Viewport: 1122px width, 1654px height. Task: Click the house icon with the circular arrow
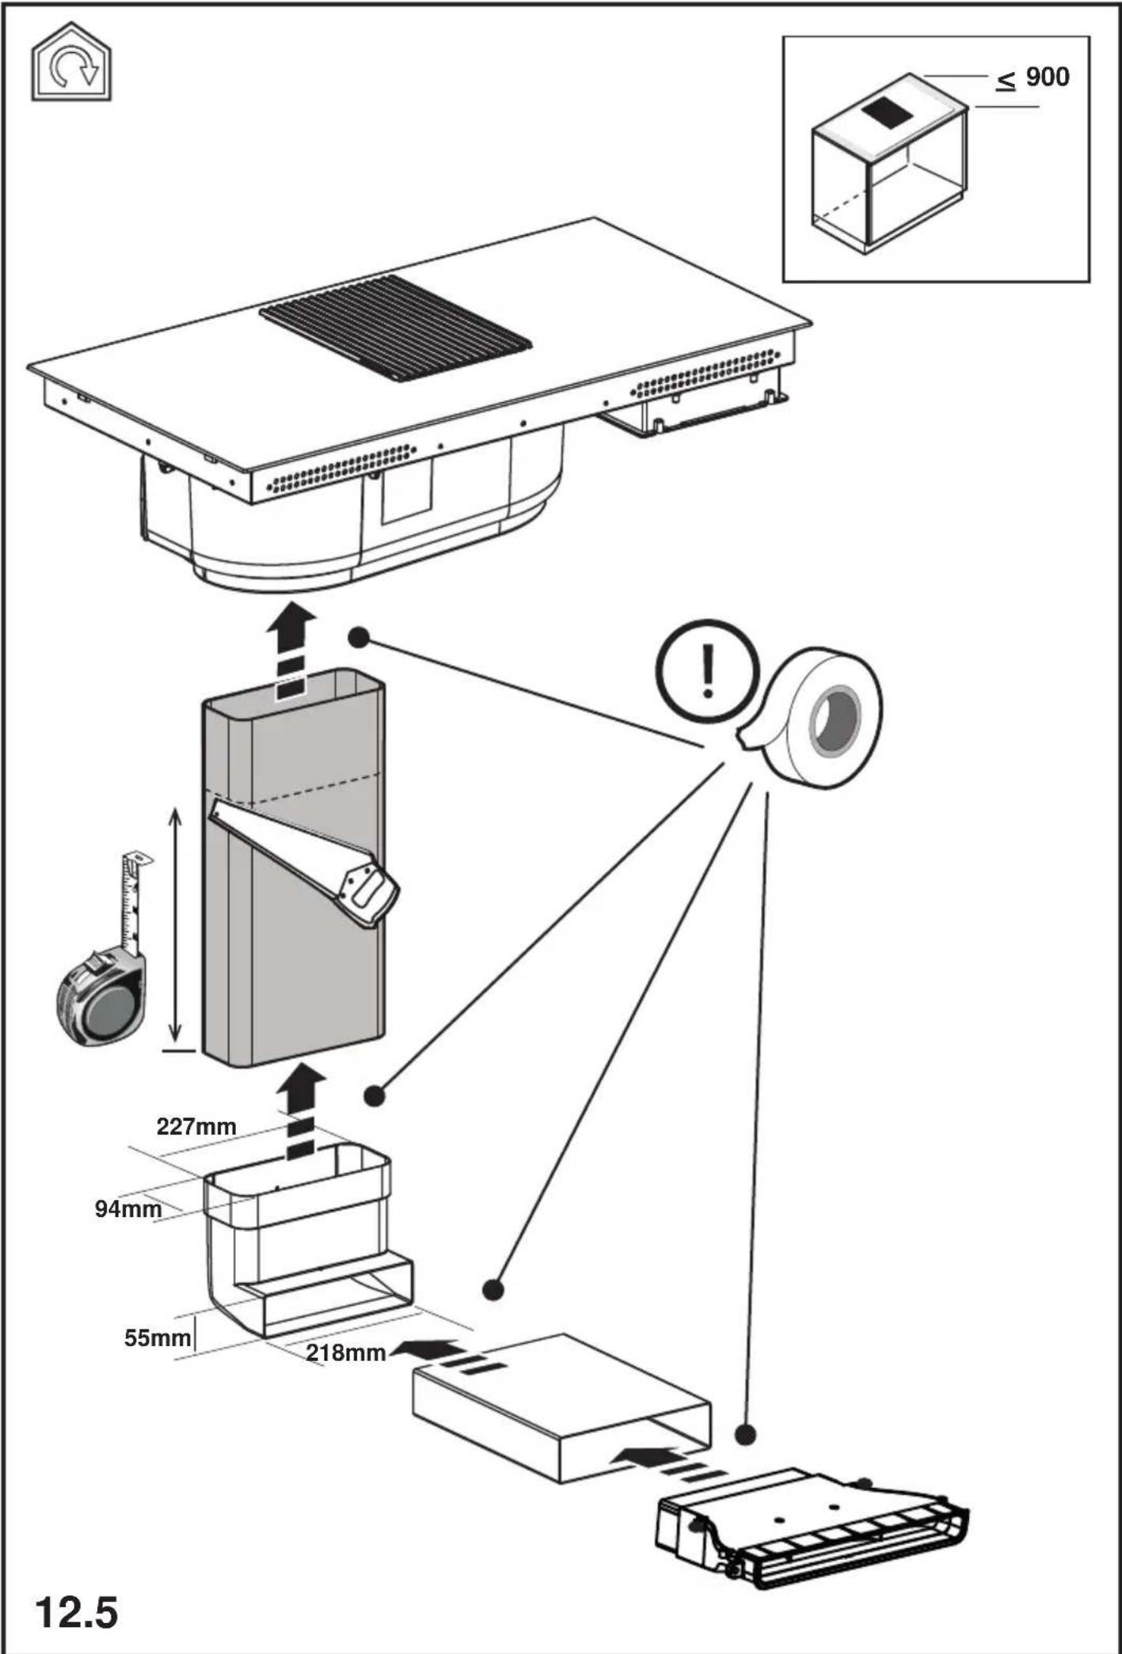[x=71, y=62]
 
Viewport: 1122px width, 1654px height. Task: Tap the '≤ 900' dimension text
[x=1033, y=78]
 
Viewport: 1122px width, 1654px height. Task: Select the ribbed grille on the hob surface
[x=396, y=327]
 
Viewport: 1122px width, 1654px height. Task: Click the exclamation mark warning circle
[x=707, y=670]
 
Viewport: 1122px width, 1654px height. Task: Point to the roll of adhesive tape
[x=815, y=717]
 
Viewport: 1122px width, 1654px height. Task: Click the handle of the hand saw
[x=367, y=893]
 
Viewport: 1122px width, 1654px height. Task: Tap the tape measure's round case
[x=101, y=998]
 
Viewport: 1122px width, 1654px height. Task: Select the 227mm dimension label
[x=196, y=1126]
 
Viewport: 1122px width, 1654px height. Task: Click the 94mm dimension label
[x=128, y=1209]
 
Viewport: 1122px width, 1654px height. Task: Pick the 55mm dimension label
[x=157, y=1338]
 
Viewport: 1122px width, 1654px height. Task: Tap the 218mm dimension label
[x=346, y=1352]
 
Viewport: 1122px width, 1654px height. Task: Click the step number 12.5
[x=76, y=1612]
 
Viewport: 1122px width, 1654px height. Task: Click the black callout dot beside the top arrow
[x=359, y=637]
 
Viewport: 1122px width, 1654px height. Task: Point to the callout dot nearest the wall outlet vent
[x=745, y=1434]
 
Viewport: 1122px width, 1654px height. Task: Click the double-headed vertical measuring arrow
[x=176, y=924]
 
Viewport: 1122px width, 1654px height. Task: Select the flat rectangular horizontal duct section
[x=562, y=1408]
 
